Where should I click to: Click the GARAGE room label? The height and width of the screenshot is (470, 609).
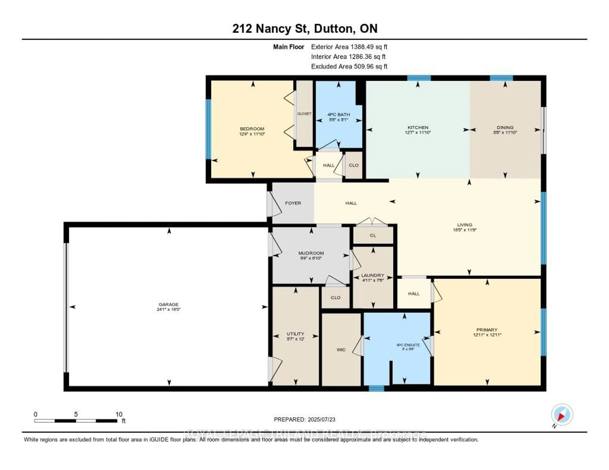pos(168,304)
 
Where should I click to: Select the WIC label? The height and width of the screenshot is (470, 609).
pos(341,350)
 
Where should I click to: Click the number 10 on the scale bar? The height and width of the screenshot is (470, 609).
pos(119,414)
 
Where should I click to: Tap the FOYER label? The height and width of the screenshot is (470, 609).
pos(293,203)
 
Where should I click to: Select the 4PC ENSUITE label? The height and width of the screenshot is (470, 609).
pos(408,345)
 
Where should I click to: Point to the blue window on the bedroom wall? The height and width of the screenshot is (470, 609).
pos(208,129)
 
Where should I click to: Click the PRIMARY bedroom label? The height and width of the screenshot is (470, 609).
pos(487,330)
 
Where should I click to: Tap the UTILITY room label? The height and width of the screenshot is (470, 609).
pos(295,334)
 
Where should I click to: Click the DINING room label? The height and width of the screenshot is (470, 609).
pos(505,127)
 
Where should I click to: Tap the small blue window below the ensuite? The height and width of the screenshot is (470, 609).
pos(377,388)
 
